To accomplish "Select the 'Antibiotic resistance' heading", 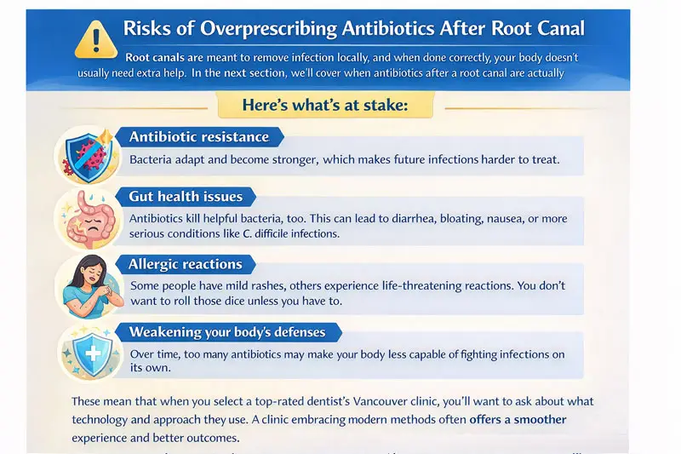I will coord(198,136).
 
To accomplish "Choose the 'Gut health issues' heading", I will coord(186,196).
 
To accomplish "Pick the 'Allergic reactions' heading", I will coord(185,264).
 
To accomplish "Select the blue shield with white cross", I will coord(89,352).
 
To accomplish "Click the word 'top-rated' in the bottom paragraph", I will coord(255,400).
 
